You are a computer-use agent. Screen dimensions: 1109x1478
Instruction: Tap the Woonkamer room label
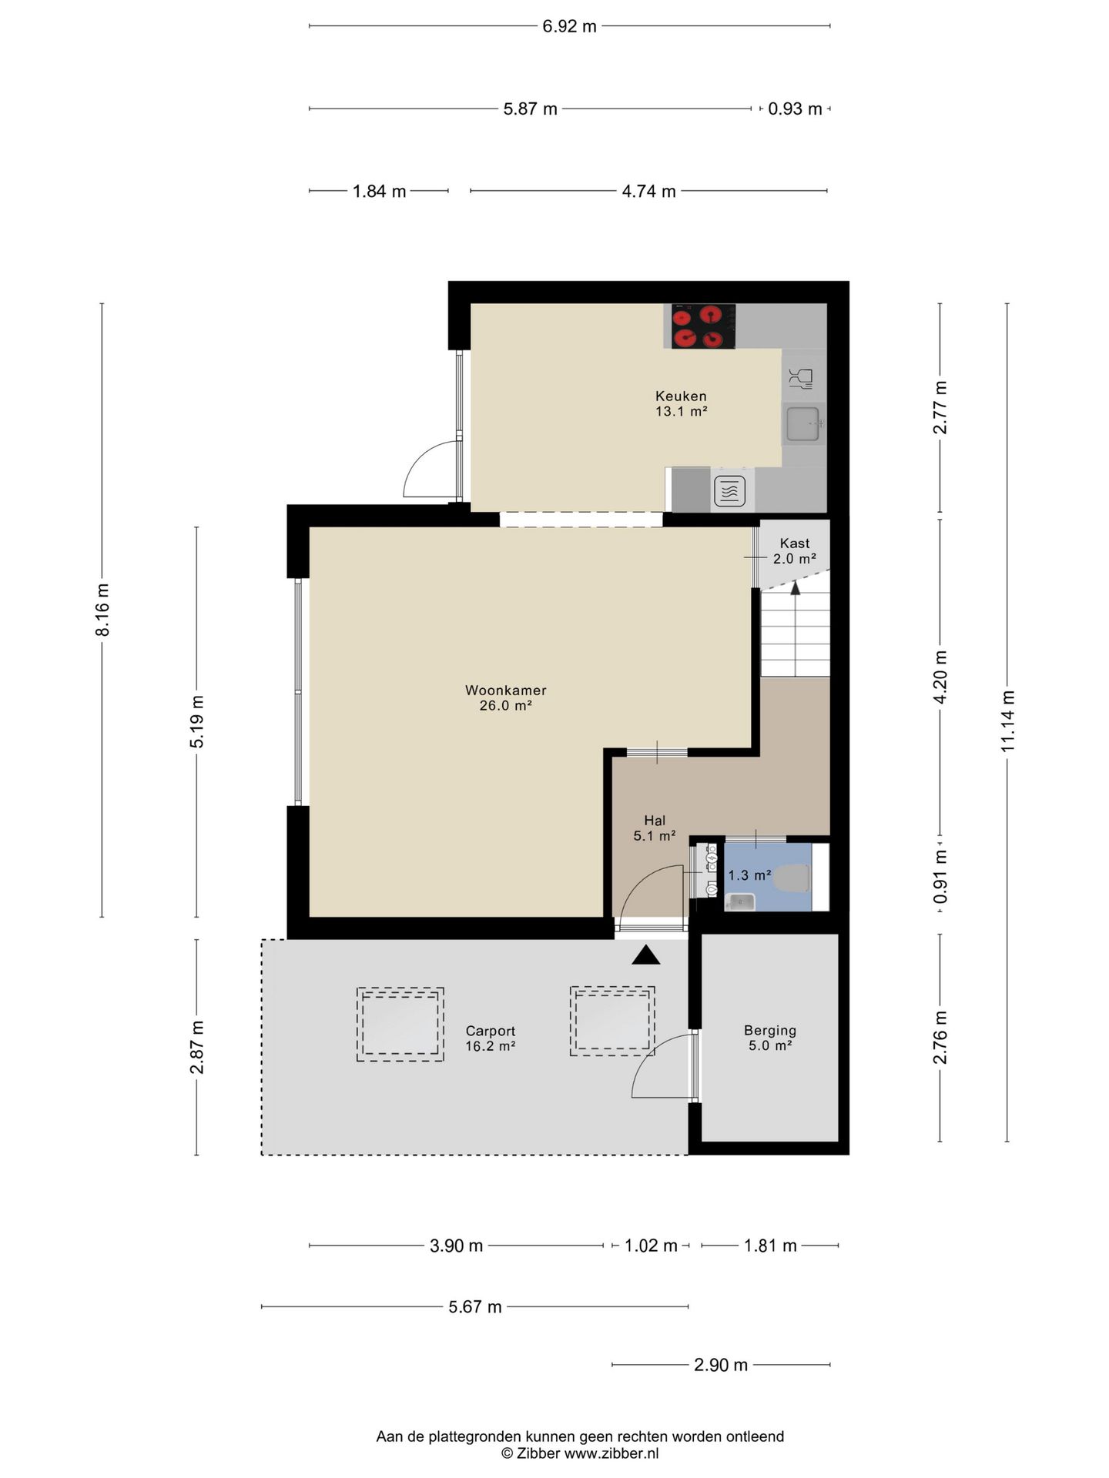tap(505, 697)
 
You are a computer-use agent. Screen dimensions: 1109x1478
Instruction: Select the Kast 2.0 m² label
tap(795, 551)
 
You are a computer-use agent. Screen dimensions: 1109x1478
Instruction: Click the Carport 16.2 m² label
tap(490, 1038)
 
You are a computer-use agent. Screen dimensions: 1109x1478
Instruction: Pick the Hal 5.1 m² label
tap(655, 828)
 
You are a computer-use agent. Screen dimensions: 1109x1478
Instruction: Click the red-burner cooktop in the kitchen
tap(703, 326)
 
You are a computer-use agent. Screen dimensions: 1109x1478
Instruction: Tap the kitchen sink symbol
tap(804, 423)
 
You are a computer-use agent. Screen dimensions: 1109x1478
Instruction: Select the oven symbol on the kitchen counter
tap(729, 490)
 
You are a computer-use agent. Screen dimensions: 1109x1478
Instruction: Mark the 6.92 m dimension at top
tap(570, 26)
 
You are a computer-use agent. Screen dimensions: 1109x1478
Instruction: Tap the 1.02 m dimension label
tap(651, 1246)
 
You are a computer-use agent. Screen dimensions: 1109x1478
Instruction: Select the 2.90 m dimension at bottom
tap(721, 1365)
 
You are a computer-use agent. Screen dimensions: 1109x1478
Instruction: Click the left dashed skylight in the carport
tap(400, 1025)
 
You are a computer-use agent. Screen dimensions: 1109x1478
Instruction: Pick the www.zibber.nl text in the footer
tap(611, 1453)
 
